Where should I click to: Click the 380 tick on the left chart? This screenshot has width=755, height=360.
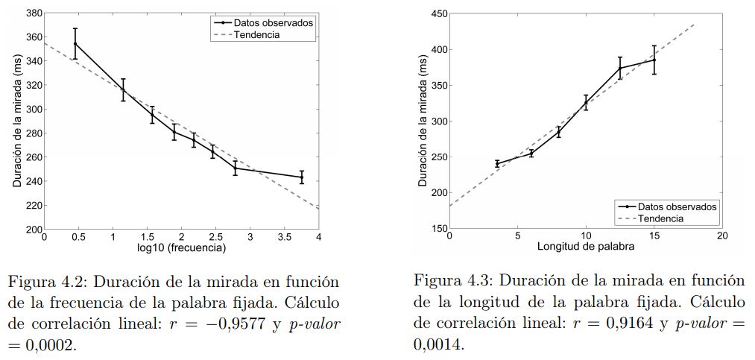(33, 13)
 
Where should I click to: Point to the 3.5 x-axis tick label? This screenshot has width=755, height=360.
(284, 237)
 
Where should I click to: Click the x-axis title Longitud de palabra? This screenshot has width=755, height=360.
(586, 245)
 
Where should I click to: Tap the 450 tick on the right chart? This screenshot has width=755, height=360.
(439, 13)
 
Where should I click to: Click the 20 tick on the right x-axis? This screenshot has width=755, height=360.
(722, 236)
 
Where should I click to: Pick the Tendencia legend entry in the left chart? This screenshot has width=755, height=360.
(256, 34)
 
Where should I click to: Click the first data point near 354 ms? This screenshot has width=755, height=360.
(75, 43)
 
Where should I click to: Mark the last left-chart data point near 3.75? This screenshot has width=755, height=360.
(301, 177)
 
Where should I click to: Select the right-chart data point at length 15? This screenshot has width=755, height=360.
(654, 60)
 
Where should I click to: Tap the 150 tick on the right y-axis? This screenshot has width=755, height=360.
(439, 228)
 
